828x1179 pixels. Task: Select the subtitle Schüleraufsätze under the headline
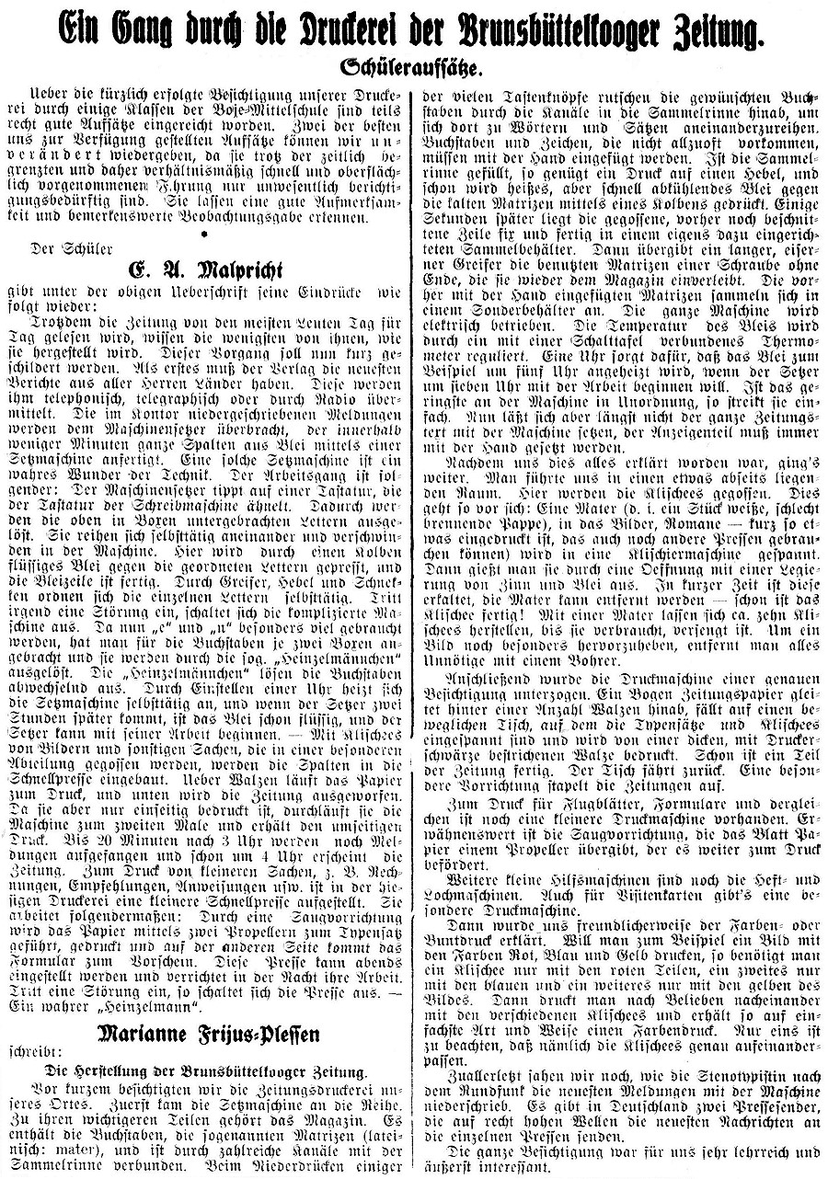413,68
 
